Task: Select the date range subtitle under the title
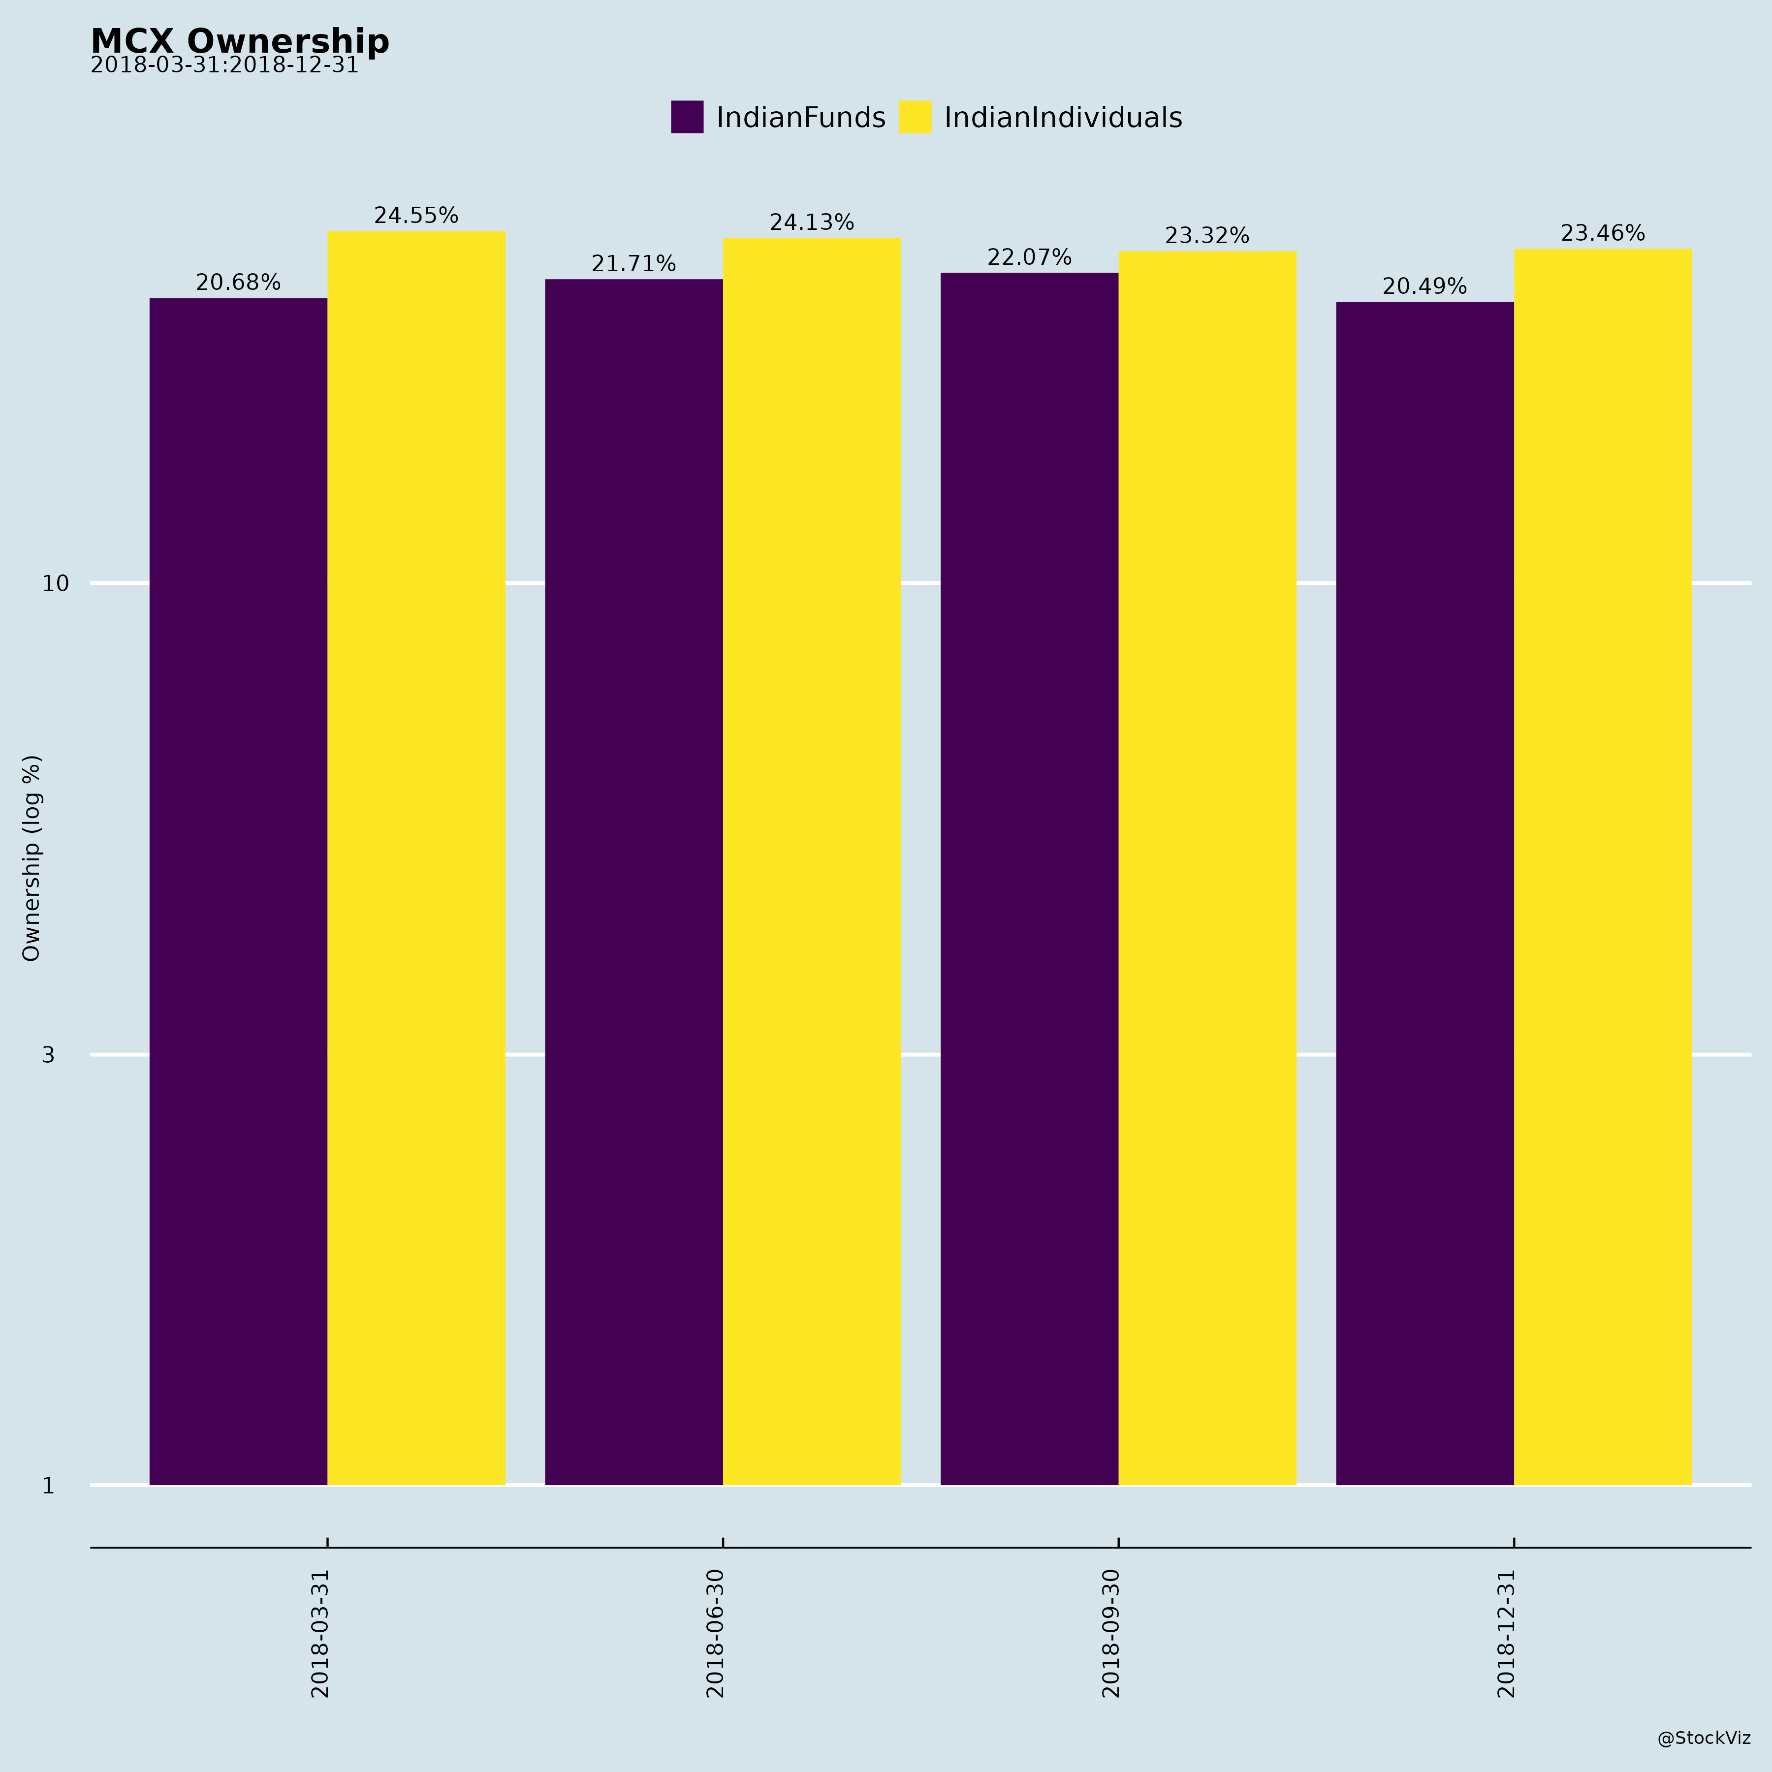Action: point(225,66)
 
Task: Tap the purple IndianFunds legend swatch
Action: point(687,118)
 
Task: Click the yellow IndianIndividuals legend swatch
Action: point(915,118)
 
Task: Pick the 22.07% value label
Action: point(1029,258)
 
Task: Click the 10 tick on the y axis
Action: point(56,583)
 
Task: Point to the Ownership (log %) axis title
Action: point(32,857)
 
